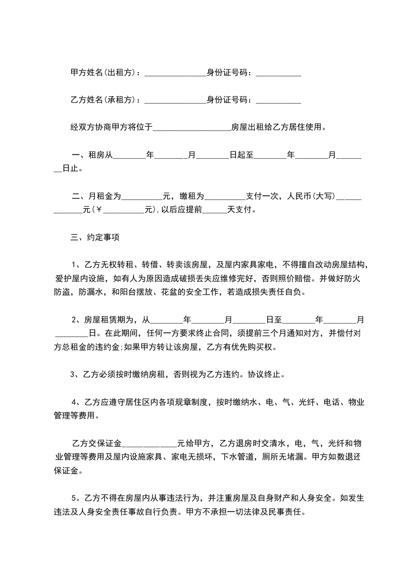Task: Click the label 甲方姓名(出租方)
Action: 104,73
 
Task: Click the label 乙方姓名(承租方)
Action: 104,100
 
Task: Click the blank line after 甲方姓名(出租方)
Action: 175,75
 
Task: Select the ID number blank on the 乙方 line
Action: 279,102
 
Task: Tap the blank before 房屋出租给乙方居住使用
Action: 192,129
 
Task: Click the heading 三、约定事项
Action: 95,237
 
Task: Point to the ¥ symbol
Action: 100,210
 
